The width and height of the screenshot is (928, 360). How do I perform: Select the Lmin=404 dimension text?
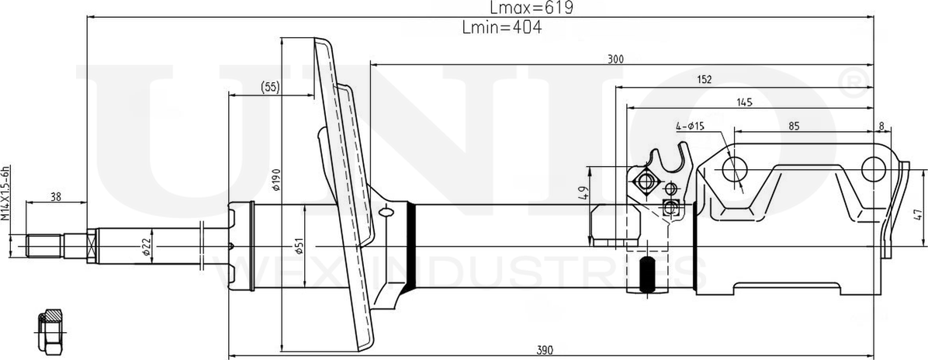coord(501,28)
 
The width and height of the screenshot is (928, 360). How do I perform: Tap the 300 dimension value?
coord(615,59)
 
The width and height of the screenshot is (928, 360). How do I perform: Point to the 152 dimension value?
coord(704,79)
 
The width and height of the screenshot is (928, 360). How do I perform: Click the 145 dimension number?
coord(744,102)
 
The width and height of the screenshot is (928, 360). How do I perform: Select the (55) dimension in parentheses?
coord(270,87)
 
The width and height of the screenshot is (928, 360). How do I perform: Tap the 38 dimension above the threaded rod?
coord(55,197)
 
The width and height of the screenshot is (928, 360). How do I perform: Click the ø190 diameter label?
coord(275,179)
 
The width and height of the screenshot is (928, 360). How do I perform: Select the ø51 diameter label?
coord(299,247)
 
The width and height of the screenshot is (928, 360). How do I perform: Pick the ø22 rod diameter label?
coord(146,247)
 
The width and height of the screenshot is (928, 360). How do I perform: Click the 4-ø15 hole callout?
coord(689,126)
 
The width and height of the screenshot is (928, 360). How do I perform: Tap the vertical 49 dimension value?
coord(583,191)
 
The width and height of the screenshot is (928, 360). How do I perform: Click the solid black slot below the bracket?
coord(646,275)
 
